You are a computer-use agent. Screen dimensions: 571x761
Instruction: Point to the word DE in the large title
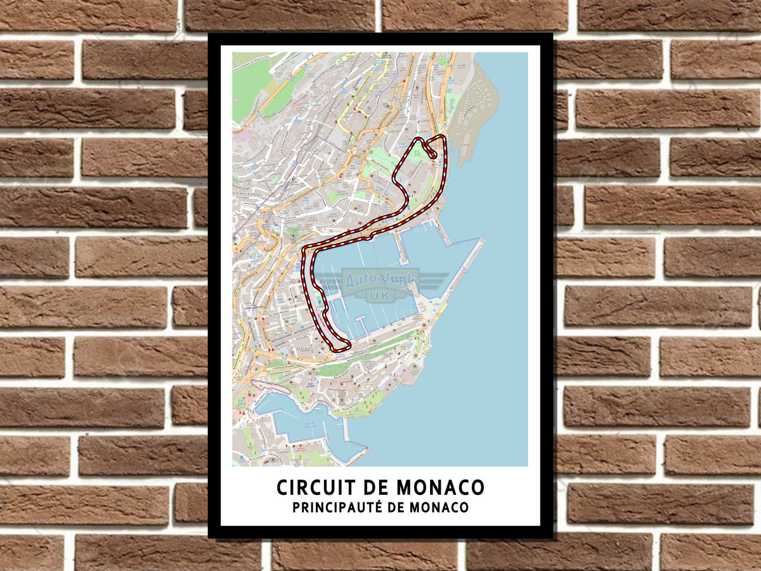(378, 487)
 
